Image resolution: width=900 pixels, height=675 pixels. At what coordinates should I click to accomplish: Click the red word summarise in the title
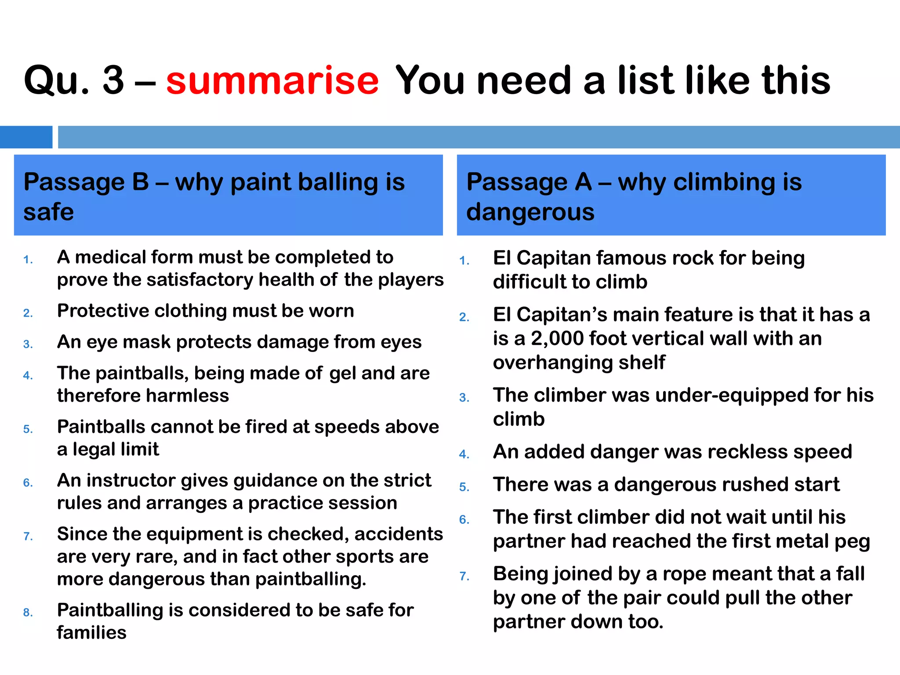(x=272, y=80)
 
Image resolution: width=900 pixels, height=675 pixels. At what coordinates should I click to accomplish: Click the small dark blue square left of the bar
(x=26, y=137)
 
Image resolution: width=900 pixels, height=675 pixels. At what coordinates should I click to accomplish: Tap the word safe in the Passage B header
(x=48, y=212)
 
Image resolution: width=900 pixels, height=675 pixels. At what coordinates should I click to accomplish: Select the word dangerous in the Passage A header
(x=530, y=212)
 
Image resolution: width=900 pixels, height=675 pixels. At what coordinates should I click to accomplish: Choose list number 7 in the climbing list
(x=464, y=576)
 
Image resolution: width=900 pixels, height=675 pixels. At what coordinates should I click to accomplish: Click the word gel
(x=342, y=374)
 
